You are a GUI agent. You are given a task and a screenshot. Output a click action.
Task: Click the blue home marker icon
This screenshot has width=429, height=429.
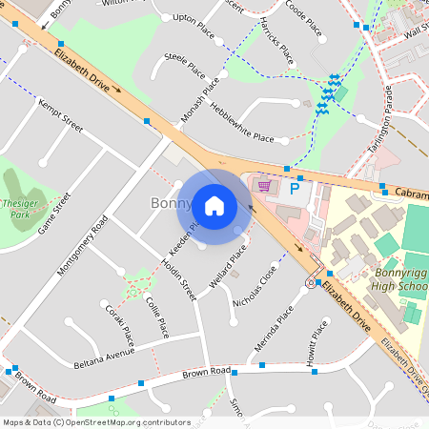214,205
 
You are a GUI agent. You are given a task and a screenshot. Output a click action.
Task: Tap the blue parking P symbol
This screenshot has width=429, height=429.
295,190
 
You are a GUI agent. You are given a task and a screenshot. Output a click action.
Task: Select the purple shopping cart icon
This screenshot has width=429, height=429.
264,185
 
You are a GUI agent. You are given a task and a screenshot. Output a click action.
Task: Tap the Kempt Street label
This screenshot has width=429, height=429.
60,113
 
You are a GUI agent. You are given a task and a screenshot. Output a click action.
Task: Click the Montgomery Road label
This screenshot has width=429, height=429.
83,245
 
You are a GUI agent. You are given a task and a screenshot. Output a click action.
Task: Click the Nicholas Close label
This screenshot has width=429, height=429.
255,287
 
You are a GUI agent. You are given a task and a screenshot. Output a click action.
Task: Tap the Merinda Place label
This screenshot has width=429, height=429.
275,327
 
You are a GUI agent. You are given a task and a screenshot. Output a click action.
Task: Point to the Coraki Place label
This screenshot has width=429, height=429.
120,324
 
